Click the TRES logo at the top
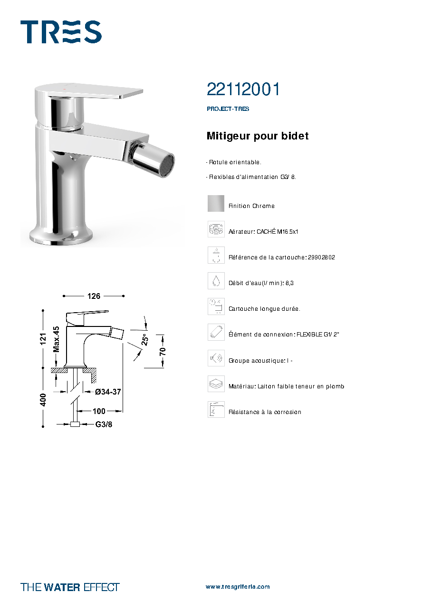click(61, 32)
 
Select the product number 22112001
click(243, 89)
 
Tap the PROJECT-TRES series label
click(228, 109)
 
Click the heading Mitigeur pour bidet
click(257, 136)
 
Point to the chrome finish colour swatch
click(216, 203)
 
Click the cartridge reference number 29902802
click(321, 257)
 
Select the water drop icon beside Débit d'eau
click(216, 281)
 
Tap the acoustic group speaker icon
click(216, 358)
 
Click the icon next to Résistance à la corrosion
click(216, 409)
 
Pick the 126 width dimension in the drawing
click(94, 296)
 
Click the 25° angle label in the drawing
click(144, 339)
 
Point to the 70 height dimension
click(163, 351)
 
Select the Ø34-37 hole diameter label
click(108, 392)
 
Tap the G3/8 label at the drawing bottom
click(104, 424)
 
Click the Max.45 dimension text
click(56, 339)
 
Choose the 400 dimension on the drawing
click(43, 400)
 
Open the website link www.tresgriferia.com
click(238, 587)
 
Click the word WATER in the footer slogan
click(62, 587)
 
